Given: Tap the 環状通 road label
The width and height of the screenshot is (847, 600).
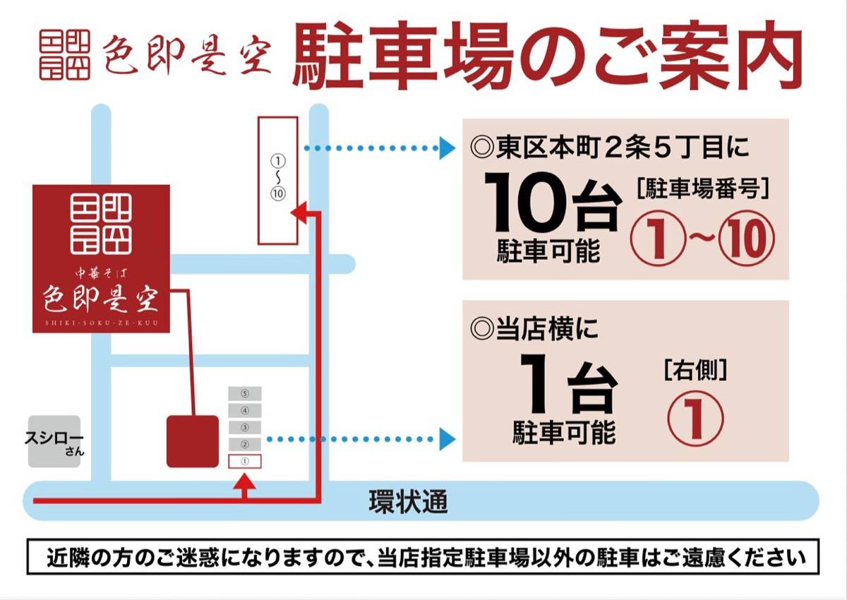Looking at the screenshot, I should pos(408,502).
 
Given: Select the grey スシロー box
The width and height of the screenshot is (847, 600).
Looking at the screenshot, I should pos(54,440).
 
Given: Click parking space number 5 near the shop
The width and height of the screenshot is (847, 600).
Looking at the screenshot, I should pos(245,393).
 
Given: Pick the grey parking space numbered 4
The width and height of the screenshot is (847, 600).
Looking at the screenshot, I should pos(245,410).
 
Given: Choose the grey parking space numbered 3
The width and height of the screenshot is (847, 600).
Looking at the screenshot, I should pos(245,427).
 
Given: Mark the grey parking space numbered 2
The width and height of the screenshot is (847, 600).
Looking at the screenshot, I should pos(245,444).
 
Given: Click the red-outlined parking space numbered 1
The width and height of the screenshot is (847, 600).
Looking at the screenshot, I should pos(245,461).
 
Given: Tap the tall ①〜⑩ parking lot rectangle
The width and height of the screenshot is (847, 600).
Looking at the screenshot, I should pos(277,180).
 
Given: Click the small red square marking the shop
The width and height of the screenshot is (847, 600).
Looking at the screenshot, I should pos(193,441).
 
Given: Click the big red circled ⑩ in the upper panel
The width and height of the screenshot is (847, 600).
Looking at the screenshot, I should pos(745,240).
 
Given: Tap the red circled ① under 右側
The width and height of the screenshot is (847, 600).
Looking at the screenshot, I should pos(695,418).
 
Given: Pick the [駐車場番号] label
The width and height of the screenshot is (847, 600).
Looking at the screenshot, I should pos(702,189).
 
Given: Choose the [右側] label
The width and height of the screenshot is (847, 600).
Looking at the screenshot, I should pos(695,368).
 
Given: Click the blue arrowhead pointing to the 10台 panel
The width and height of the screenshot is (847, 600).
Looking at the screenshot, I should pos(446,148).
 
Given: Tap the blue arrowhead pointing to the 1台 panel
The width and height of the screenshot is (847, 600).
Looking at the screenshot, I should pos(446,439).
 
